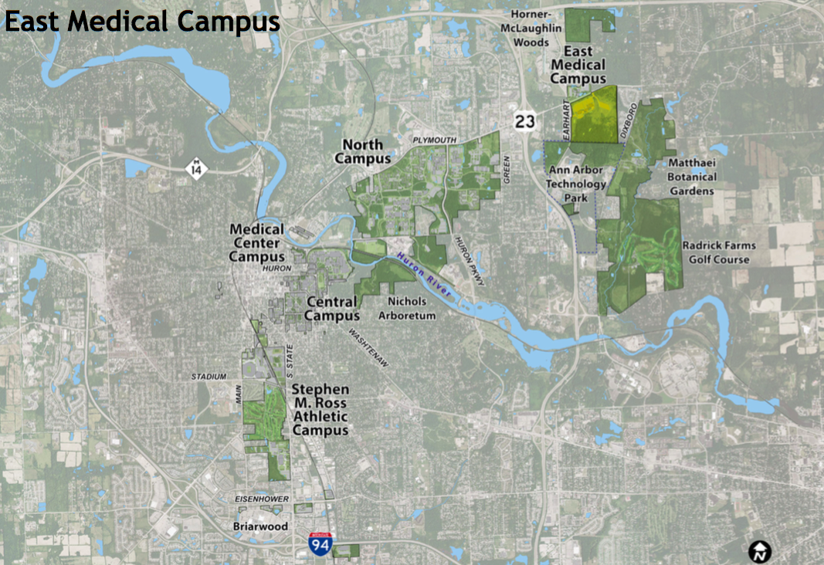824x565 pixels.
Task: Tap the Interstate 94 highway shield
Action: coord(320,544)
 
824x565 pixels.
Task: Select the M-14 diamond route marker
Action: coord(198,167)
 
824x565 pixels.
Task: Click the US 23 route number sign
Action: coord(524,120)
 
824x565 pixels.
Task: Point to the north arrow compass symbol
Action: coord(760,550)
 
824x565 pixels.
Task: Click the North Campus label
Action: coord(362,151)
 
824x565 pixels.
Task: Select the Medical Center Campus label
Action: coord(257,243)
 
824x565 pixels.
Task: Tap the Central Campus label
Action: coord(331,309)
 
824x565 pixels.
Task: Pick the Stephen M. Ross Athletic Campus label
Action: coord(320,410)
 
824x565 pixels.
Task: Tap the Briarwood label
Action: coord(260,526)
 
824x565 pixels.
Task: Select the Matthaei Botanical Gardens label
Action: coord(693,177)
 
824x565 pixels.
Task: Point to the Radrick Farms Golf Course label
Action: coord(718,252)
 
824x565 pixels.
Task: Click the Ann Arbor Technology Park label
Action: coord(576,184)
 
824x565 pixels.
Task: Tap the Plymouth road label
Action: coord(435,140)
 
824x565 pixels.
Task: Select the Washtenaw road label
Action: coord(368,348)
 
